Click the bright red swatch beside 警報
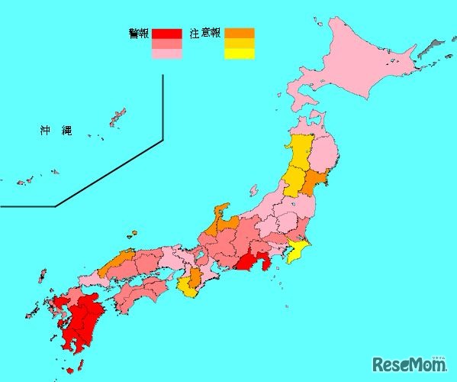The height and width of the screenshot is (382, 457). click(x=166, y=34)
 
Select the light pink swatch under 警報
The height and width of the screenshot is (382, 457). click(x=166, y=53)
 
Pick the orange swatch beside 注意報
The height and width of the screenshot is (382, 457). click(x=239, y=34)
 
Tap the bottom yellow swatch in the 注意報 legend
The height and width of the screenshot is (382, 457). click(x=239, y=53)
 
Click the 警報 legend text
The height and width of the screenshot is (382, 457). click(x=139, y=34)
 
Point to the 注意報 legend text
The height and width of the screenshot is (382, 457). click(x=205, y=34)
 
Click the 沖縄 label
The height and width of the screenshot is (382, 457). click(x=56, y=131)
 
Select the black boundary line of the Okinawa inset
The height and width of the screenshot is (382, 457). click(x=163, y=107)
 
